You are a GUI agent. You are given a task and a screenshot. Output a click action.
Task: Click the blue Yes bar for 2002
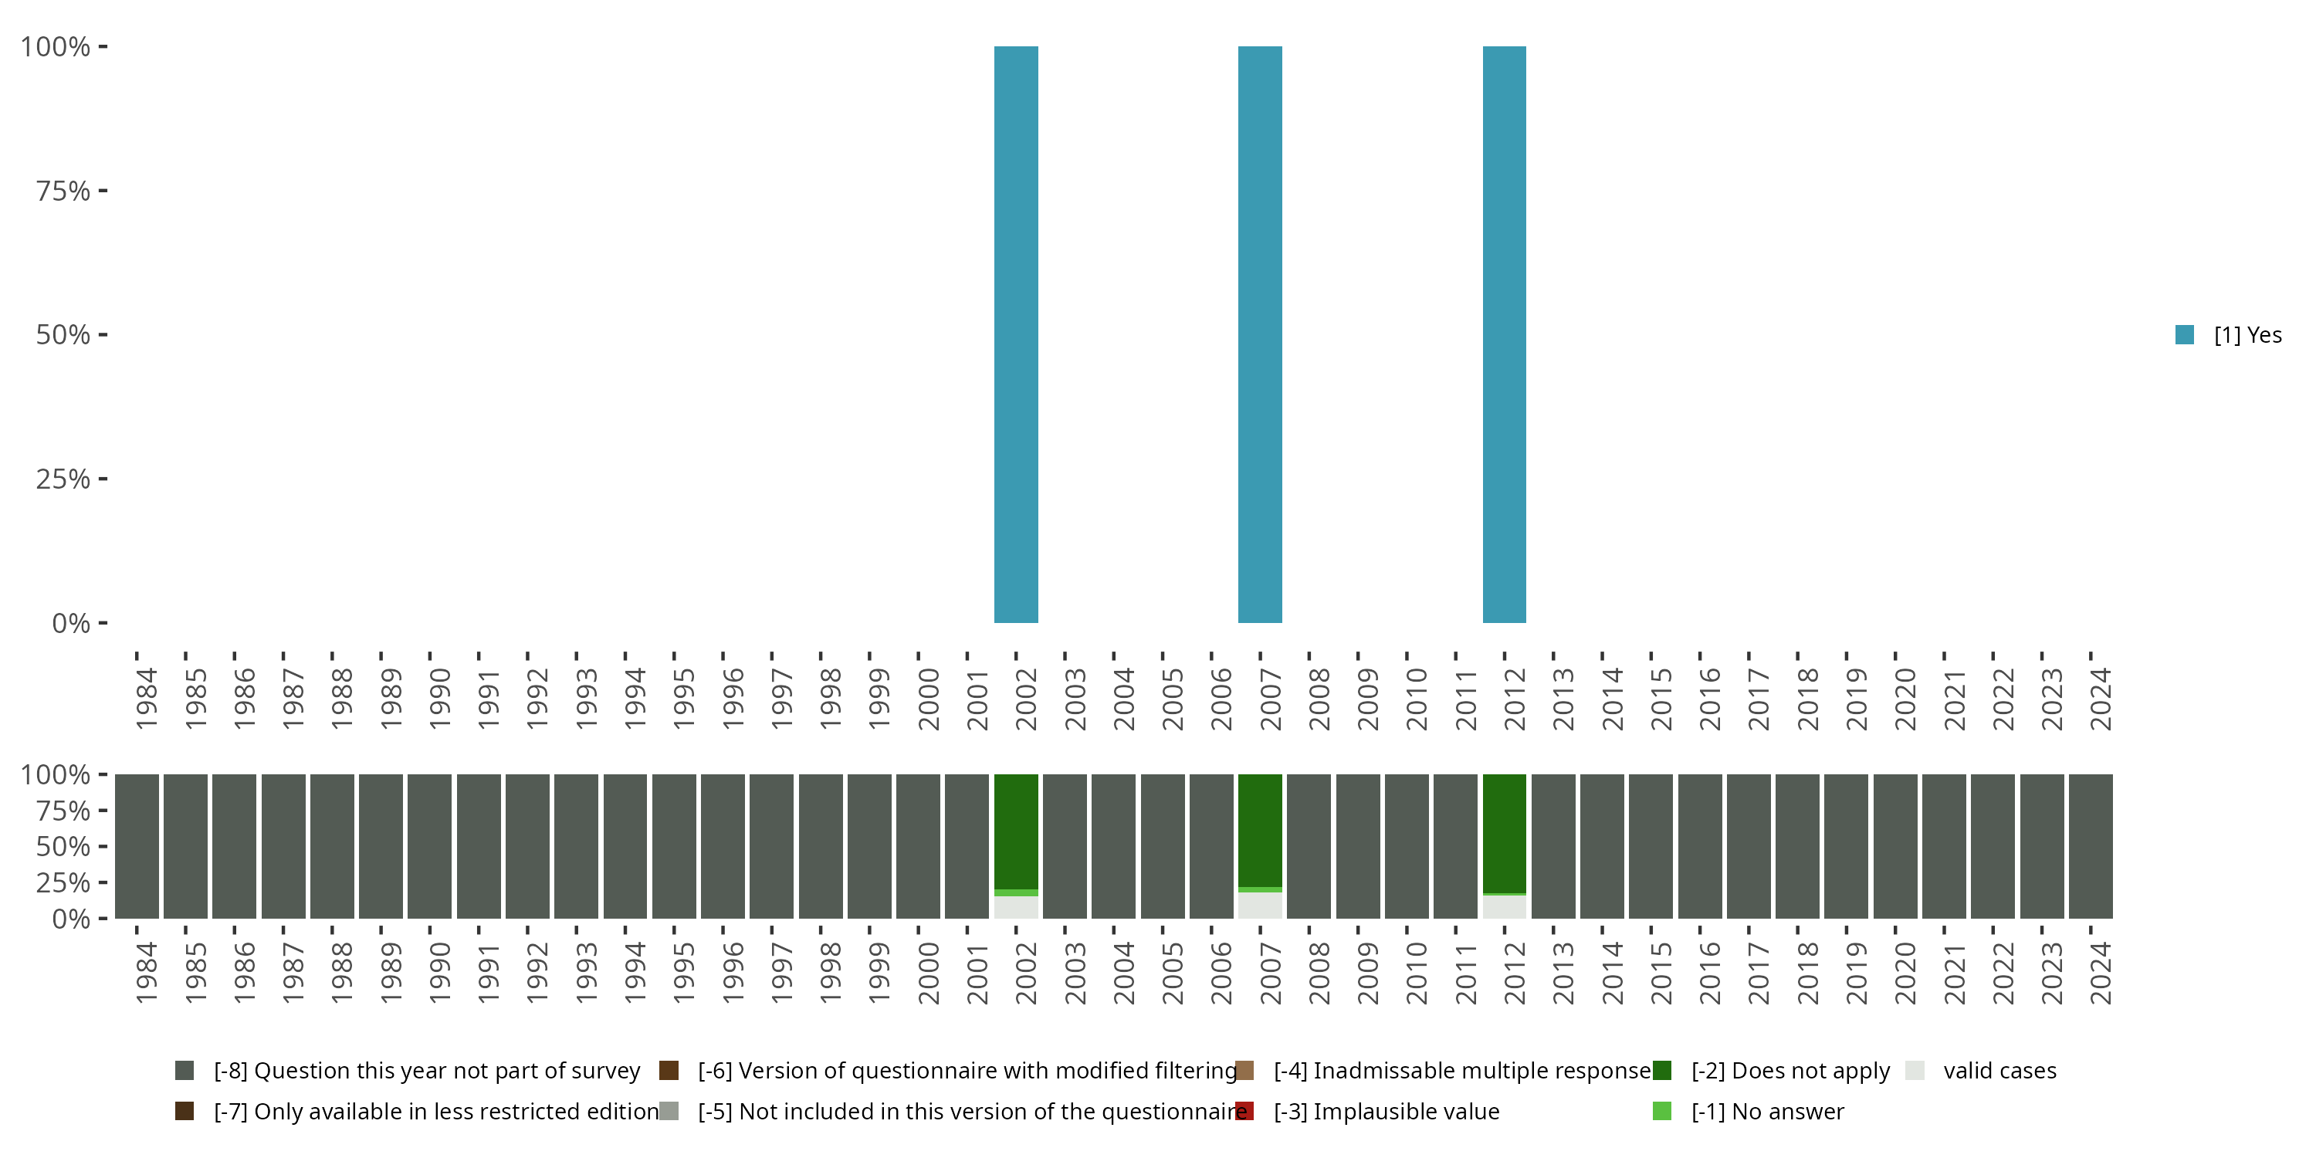[1016, 334]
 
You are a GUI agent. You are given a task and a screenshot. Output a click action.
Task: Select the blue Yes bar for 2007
[1260, 334]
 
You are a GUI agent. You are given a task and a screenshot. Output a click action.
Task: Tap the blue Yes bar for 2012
[1504, 334]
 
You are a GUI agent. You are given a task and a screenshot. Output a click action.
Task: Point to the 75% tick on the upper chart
[103, 191]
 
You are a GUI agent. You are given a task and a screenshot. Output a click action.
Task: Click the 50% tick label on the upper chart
[63, 335]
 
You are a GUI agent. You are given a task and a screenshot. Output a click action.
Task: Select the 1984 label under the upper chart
[147, 699]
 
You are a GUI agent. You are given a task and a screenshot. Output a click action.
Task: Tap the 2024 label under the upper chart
[2100, 699]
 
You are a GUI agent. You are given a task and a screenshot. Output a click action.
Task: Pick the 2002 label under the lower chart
[1026, 973]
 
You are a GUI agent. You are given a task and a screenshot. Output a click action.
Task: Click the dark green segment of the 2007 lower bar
[1260, 830]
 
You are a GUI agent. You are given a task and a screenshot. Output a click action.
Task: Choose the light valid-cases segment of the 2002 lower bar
[1016, 907]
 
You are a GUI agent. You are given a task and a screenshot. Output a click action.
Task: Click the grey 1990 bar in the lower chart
[430, 846]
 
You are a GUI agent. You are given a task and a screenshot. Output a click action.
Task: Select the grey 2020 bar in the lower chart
[1895, 846]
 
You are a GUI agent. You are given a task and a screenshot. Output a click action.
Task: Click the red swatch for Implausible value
[1245, 1111]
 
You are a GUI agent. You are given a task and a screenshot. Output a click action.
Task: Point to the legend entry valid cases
[1999, 1071]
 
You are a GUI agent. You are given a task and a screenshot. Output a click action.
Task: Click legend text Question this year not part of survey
[447, 1071]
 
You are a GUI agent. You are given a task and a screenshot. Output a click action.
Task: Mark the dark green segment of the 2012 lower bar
[1504, 832]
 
